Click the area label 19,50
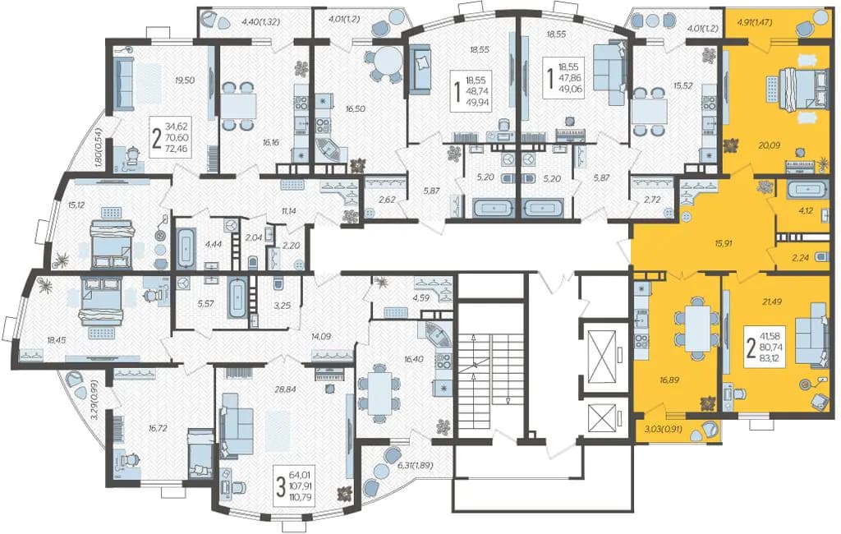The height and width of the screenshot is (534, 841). point(185,81)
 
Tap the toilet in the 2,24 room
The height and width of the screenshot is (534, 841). point(822,256)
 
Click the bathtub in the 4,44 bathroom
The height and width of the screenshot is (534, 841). point(186,248)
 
